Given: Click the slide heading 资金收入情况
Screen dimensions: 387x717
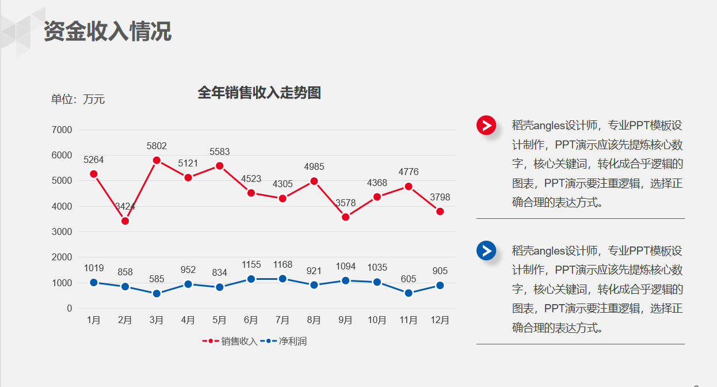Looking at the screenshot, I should click(108, 32).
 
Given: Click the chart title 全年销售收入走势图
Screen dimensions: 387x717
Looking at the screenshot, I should click(259, 93).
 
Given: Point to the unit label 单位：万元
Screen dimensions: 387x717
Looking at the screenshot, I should click(78, 99).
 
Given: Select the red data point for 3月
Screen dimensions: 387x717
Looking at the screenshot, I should click(157, 160).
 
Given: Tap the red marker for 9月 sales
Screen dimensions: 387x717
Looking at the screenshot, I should click(345, 217).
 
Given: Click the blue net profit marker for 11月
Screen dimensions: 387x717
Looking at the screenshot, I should click(409, 293).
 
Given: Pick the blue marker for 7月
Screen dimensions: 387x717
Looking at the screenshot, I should click(283, 279).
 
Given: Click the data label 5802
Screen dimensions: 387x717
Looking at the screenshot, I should click(157, 146).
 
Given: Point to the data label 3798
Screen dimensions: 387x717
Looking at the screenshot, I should click(440, 198).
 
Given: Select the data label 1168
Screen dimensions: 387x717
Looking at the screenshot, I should click(283, 265).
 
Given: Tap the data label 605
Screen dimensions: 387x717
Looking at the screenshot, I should click(409, 279).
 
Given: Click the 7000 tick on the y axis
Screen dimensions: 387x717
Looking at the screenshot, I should click(62, 130).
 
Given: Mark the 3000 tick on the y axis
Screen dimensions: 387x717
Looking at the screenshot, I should click(62, 232).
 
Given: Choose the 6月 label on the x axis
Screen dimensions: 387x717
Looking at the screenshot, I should click(251, 320).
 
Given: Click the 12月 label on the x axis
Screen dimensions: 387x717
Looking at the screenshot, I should click(440, 320).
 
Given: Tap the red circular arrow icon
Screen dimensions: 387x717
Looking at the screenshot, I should click(486, 125).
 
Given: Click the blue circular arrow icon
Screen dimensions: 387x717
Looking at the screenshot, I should click(486, 251).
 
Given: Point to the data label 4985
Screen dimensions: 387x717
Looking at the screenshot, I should click(314, 167).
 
